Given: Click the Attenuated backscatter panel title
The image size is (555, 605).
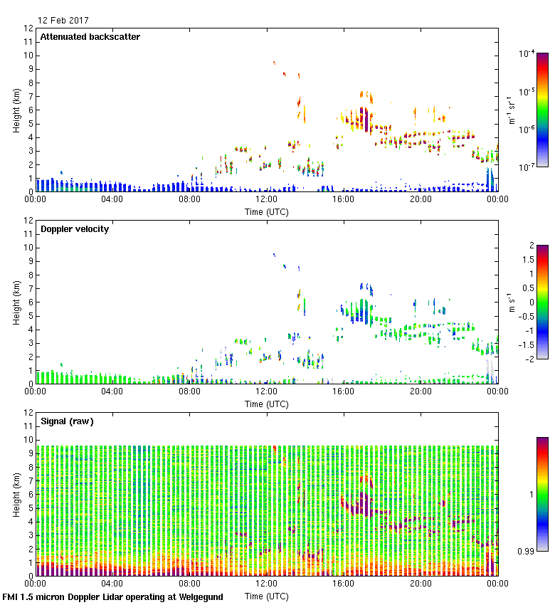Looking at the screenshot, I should [x=90, y=37].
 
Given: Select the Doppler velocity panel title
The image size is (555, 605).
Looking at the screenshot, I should [x=75, y=229].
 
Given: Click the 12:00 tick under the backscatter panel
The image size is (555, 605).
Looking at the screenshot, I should [x=266, y=199].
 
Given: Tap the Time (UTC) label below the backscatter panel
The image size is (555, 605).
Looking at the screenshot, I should [x=266, y=211].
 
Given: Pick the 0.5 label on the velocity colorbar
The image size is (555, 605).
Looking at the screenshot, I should [x=527, y=288].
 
